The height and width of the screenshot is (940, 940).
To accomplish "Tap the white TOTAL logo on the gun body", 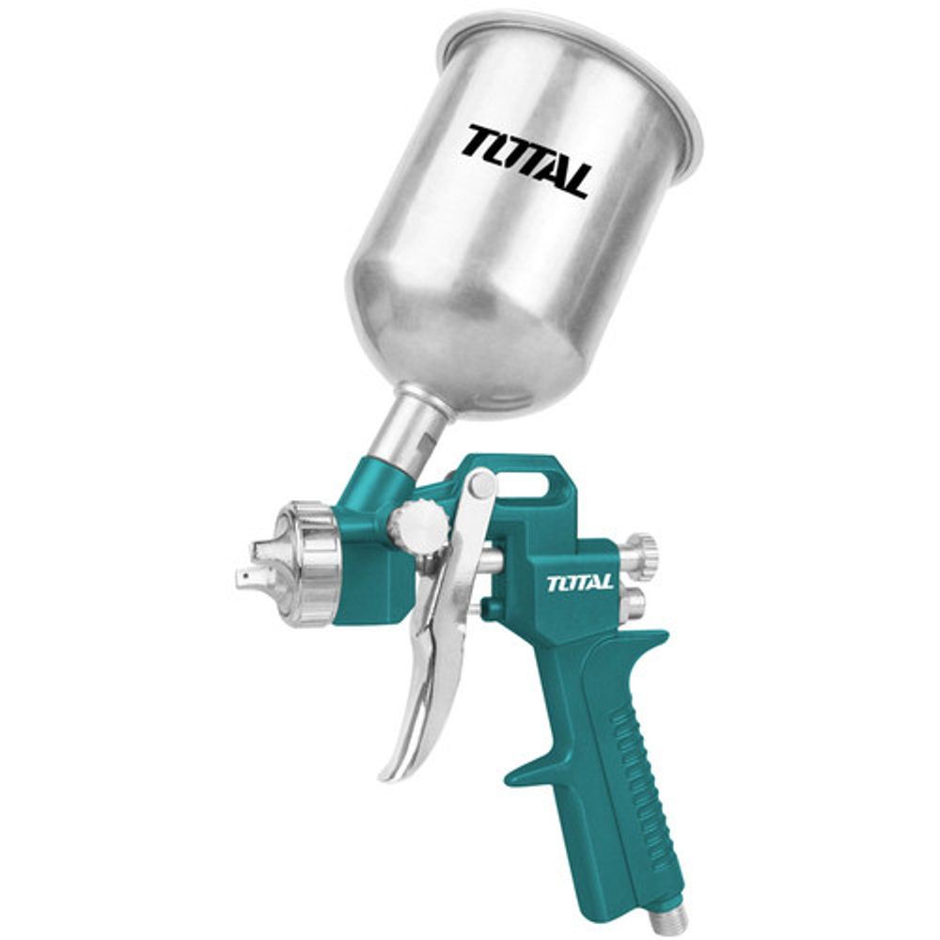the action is (579, 583).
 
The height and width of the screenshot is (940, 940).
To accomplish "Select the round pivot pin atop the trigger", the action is (482, 484).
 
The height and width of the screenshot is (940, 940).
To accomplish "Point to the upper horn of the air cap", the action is (265, 547).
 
